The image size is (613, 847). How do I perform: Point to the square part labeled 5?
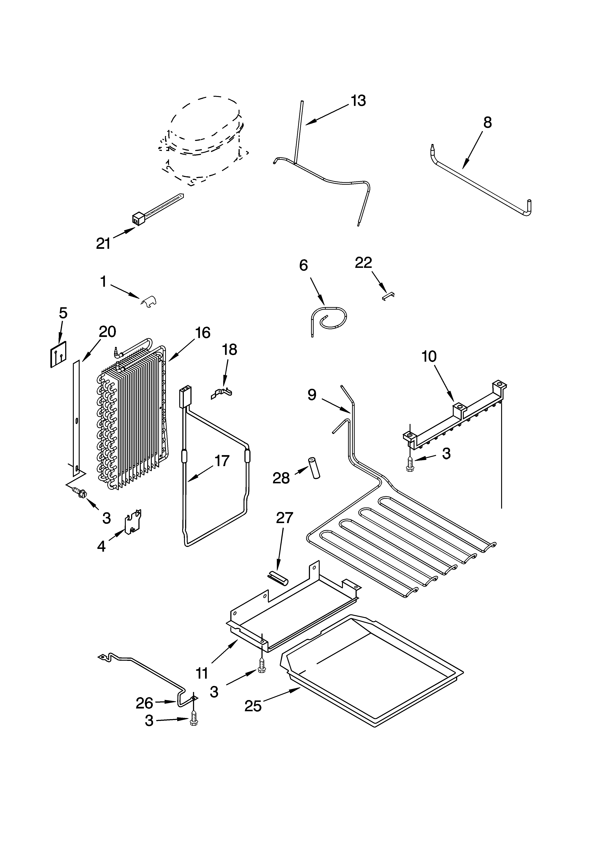59,354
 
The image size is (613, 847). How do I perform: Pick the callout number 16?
202,332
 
